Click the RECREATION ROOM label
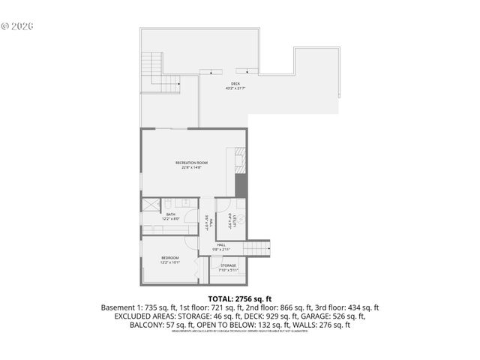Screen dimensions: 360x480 point(191,163)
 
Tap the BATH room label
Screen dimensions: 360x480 point(171,214)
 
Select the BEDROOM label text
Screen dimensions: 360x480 point(170,258)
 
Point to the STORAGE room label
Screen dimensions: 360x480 point(228,265)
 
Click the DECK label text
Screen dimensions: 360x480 point(235,83)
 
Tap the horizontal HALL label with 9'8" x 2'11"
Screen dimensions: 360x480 point(222,244)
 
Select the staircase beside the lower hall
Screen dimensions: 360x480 point(258,247)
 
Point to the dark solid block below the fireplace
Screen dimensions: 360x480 point(241,184)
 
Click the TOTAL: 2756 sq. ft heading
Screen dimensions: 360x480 point(239,298)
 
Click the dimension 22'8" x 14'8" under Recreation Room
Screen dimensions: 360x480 point(191,168)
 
